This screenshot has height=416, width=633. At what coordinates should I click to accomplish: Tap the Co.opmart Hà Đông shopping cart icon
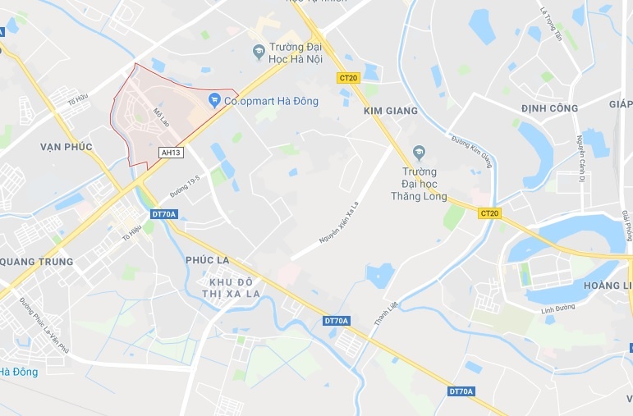(214, 101)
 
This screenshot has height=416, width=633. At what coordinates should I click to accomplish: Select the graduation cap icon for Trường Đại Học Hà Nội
(259, 51)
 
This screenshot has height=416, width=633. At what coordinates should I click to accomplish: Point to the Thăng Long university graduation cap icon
(420, 152)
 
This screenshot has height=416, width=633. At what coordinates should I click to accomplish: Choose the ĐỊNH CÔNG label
(550, 107)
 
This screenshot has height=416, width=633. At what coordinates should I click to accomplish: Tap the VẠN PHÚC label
(67, 146)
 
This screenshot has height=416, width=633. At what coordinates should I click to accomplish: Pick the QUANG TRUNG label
(38, 262)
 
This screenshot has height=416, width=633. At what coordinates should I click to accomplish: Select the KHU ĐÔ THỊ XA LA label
(230, 287)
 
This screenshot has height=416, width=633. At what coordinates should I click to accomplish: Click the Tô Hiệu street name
(131, 232)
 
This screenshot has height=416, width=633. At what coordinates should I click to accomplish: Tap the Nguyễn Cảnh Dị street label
(580, 157)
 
